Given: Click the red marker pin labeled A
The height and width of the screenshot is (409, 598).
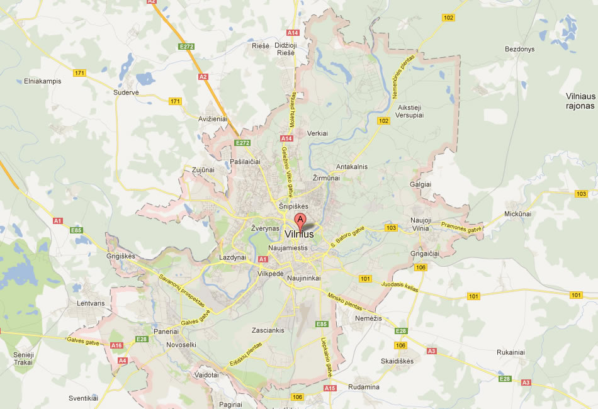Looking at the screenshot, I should pos(301,221).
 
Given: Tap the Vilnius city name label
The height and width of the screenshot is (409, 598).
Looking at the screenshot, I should pos(299,235).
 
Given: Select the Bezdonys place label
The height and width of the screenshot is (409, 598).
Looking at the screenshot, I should pos(519,49).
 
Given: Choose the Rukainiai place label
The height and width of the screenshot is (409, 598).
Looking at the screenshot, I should pos(511,352).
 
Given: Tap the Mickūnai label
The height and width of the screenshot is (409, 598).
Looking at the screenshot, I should pos(517,214).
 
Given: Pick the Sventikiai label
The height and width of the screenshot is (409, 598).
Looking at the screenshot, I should pos(84,398).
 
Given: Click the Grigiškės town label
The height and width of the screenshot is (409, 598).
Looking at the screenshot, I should pos(121,256).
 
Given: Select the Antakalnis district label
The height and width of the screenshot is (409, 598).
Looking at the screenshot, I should pos(352,167).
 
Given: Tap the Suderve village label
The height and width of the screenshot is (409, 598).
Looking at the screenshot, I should pos(126,92).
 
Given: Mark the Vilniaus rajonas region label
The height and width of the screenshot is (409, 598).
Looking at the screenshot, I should pos(580,101).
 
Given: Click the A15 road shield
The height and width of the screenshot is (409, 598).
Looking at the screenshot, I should pos(330,388).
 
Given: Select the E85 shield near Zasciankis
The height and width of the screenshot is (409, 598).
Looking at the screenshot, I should pos(322,324).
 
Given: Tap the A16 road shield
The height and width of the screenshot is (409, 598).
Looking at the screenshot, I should pos(116,345).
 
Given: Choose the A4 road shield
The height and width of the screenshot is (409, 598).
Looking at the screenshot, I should pos(122,361).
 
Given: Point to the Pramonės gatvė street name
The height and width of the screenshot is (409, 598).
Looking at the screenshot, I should pos(461,226).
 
